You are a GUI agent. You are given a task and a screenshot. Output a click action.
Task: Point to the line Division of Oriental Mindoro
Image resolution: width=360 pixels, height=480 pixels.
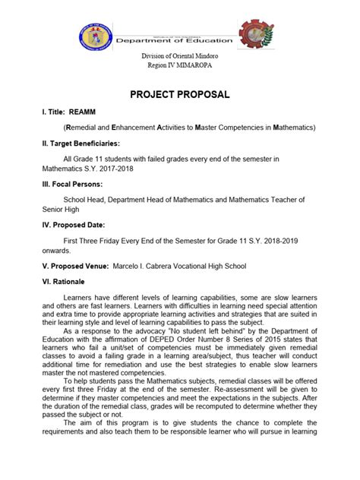pyautogui.click(x=180, y=59)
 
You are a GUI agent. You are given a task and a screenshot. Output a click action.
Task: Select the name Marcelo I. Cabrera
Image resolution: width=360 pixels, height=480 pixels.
pyautogui.click(x=170, y=266)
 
